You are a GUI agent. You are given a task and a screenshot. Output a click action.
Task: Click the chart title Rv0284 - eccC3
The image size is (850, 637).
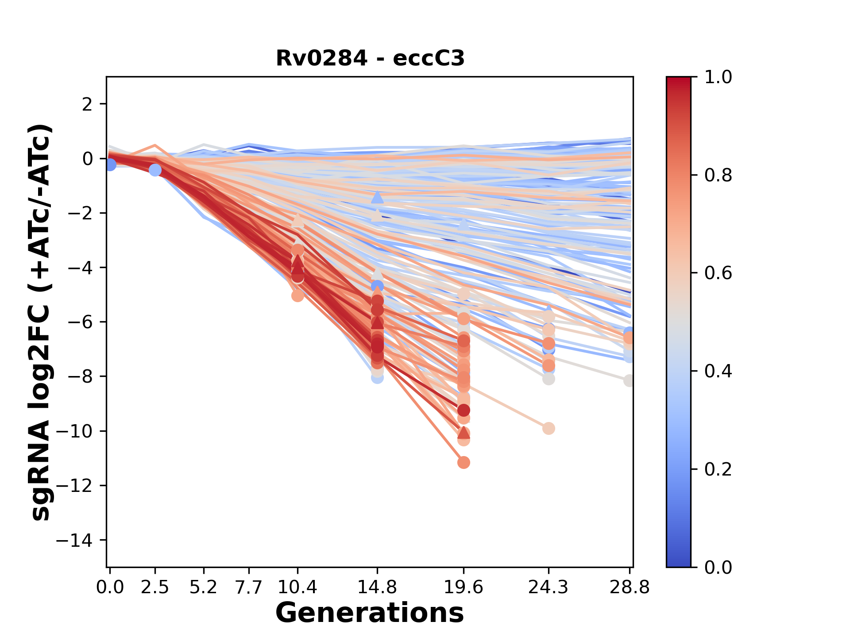coord(370,58)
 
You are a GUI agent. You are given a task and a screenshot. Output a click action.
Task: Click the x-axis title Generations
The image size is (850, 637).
coord(370,613)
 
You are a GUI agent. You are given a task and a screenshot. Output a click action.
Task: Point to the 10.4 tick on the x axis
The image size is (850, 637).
coord(297,587)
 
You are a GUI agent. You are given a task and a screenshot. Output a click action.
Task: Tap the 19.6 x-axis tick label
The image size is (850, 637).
coord(464,587)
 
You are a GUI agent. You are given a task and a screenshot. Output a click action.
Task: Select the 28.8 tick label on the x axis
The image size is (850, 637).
coord(630,587)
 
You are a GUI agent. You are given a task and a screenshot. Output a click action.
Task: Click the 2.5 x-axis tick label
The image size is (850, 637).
coord(155,587)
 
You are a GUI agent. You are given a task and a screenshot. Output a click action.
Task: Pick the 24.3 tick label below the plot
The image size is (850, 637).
coord(549,587)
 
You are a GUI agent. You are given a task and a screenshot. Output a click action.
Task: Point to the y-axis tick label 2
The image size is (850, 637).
coord(87,104)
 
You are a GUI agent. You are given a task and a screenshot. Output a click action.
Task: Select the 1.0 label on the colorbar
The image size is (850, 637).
coord(718,77)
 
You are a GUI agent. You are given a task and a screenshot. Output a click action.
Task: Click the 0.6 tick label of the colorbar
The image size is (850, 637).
coord(718,273)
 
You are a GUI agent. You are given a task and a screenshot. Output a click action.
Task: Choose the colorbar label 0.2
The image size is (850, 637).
coord(718,469)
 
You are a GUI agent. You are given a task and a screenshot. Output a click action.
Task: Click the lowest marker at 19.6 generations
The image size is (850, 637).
coord(464,463)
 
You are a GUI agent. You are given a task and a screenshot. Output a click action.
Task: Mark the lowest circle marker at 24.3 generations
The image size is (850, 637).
coord(549,428)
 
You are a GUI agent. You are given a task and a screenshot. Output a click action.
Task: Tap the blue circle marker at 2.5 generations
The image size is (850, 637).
coord(155,170)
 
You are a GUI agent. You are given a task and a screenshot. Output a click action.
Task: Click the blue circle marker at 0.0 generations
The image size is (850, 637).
coord(110,165)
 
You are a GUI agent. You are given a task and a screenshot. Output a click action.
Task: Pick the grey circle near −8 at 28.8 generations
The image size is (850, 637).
coord(629,380)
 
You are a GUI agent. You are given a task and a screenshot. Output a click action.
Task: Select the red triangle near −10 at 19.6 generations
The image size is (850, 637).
coord(464,433)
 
